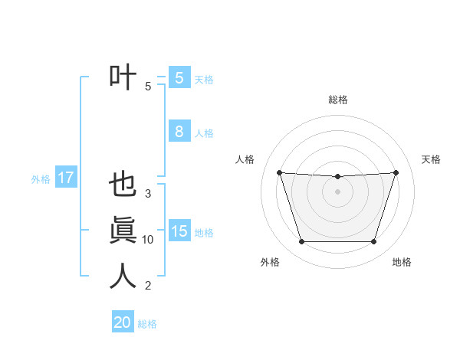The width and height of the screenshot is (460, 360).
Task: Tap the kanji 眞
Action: click(123, 231)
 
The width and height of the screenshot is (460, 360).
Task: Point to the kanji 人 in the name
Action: click(123, 276)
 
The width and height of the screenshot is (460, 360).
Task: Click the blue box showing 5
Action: click(179, 78)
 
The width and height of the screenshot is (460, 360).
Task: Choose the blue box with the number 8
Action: click(179, 131)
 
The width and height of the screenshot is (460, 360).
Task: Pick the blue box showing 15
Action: click(179, 231)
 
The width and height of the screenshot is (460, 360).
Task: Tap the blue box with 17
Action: click(66, 178)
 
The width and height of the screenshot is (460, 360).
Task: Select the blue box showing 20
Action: click(123, 322)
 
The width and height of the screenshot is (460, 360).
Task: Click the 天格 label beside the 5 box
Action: click(204, 79)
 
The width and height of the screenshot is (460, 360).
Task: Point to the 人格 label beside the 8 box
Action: click(204, 133)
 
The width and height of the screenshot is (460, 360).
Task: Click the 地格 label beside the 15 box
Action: click(204, 233)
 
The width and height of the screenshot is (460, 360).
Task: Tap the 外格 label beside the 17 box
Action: click(41, 179)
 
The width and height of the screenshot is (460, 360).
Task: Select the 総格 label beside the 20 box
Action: click(147, 324)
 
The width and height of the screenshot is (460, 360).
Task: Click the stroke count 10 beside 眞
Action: click(148, 240)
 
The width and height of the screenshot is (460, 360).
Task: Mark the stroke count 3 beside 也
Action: click(148, 194)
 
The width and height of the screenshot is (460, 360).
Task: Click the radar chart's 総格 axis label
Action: click(338, 100)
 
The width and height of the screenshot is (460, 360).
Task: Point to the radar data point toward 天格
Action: click(396, 172)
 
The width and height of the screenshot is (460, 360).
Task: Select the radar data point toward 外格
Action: click(301, 242)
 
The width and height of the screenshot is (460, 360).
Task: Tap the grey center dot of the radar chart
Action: click(337, 191)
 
